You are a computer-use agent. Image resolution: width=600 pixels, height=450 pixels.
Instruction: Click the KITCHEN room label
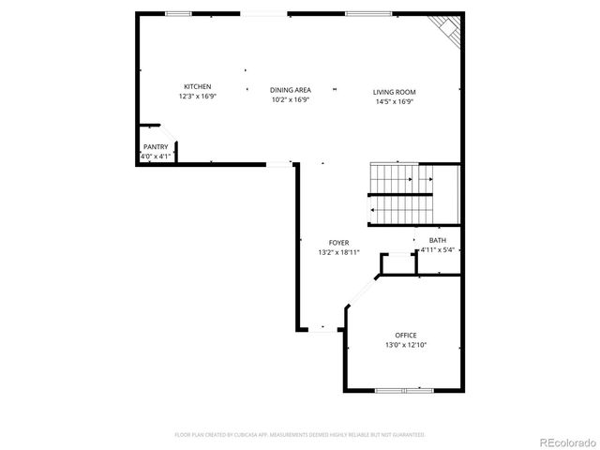(197, 86)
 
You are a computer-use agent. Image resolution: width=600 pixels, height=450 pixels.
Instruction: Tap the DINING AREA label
(291, 90)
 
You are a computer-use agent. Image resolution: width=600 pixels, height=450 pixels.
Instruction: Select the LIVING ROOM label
(394, 92)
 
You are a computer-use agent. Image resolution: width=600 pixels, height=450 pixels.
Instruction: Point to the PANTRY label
(156, 147)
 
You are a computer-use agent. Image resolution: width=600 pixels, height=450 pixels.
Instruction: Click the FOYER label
(338, 243)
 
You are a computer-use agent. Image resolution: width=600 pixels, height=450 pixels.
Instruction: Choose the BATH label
(438, 240)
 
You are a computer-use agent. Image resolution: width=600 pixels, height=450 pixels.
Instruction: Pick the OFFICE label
(405, 336)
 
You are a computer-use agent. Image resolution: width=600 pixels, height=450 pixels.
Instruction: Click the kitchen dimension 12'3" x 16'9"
(197, 96)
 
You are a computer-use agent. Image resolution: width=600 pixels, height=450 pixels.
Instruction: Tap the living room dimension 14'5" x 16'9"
(394, 101)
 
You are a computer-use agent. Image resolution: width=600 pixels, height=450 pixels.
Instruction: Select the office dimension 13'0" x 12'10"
(405, 345)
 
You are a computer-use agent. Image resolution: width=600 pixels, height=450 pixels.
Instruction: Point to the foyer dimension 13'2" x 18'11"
(338, 252)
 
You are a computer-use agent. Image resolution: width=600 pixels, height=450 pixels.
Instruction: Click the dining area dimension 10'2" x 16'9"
(291, 99)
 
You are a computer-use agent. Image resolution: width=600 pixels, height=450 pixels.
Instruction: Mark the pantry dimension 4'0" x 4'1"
(156, 157)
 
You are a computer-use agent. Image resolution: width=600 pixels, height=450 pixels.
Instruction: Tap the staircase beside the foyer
(412, 194)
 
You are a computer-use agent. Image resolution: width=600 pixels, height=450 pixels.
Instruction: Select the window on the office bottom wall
(403, 390)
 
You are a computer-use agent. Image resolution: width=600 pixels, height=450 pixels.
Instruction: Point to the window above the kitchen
(178, 13)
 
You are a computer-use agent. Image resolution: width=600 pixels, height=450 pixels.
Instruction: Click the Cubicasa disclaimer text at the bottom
(300, 435)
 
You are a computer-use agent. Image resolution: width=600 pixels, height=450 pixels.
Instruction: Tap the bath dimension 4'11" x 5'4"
(438, 249)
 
